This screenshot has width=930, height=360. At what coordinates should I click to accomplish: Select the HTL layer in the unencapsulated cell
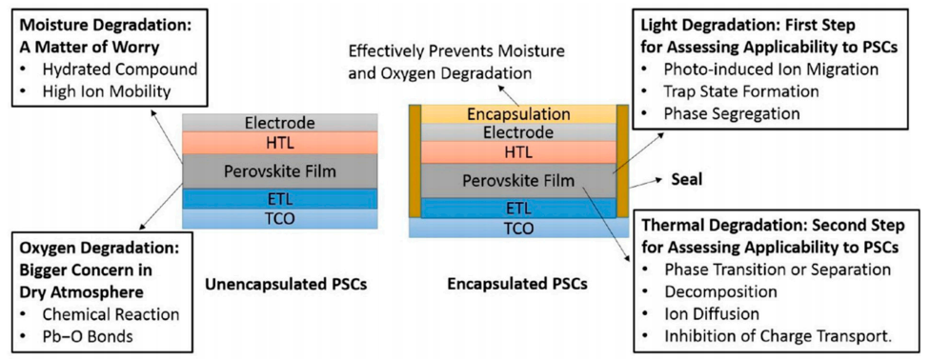[279, 142]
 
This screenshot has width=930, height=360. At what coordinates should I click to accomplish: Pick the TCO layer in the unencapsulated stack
[279, 218]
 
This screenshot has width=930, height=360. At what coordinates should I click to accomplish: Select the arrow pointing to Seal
[645, 183]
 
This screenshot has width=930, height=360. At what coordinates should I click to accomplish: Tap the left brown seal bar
[414, 161]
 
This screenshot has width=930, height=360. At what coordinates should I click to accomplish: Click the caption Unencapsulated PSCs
[285, 284]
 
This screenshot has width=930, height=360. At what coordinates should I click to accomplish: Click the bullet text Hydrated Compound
[120, 69]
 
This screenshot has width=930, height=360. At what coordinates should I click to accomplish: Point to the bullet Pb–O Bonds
[88, 337]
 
